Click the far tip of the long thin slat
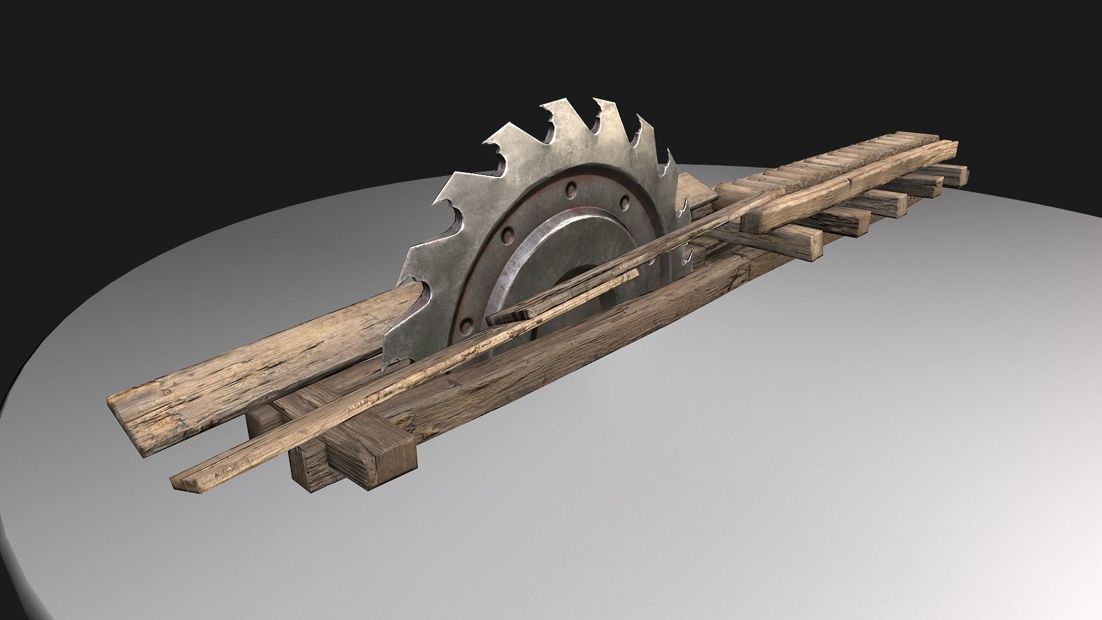coord(781,192)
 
